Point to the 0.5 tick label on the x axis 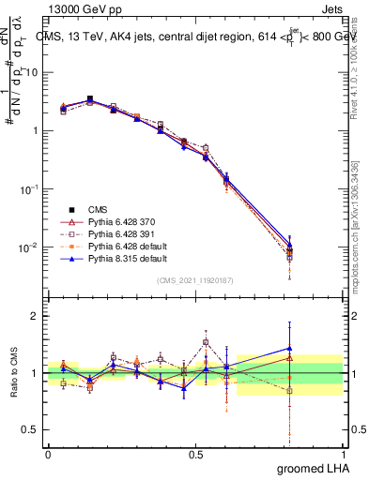pos(195,454)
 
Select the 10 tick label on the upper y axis pos(31,71)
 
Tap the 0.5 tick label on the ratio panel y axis pos(31,430)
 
